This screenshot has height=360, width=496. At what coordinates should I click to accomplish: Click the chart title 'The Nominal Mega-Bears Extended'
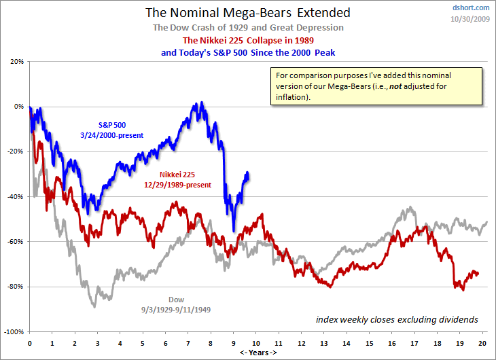(247, 12)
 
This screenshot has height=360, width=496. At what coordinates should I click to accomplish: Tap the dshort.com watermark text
(470, 7)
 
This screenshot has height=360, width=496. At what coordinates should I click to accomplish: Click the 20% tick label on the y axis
(17, 61)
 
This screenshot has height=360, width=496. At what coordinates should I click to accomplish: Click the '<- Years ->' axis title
(258, 353)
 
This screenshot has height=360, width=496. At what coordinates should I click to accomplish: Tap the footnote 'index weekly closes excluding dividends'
(397, 319)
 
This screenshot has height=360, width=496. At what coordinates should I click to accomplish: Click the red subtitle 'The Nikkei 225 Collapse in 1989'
(247, 40)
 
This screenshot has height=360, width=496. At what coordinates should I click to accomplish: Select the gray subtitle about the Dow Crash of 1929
(247, 27)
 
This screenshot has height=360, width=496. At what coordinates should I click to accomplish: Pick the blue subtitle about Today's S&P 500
(247, 52)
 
